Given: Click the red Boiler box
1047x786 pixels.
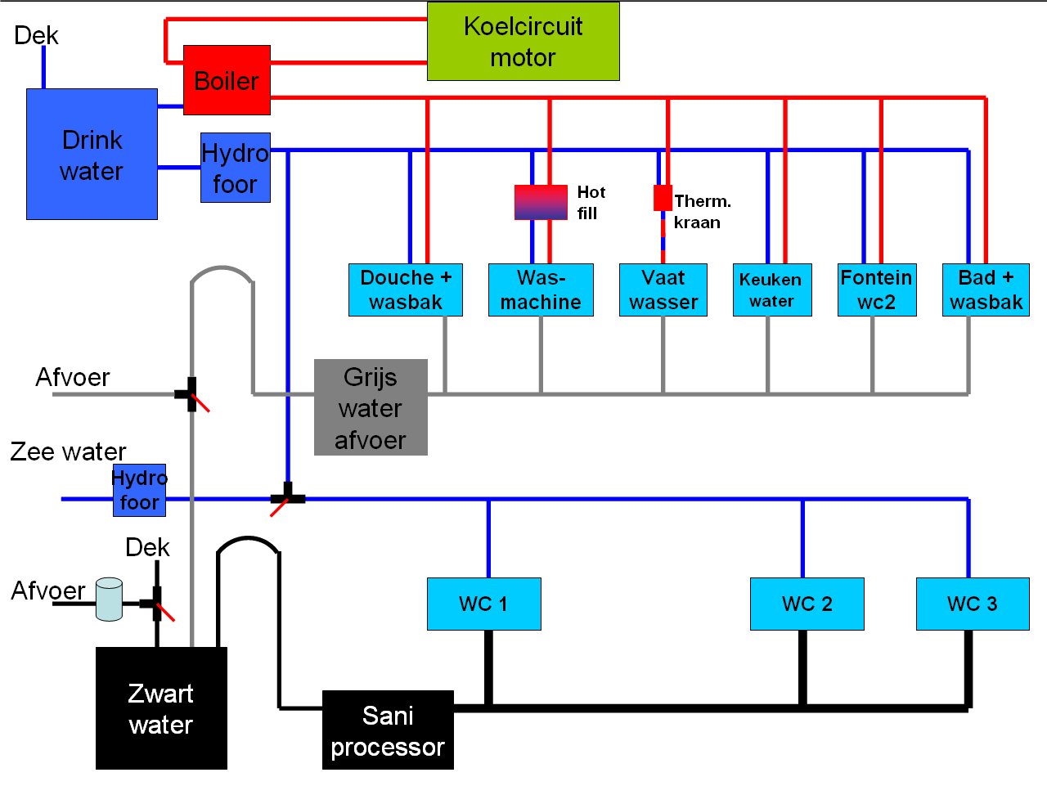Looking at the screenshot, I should click(x=227, y=80).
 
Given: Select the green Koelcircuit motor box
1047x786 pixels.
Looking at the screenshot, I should click(x=523, y=41).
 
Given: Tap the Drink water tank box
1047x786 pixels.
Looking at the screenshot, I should click(x=92, y=154).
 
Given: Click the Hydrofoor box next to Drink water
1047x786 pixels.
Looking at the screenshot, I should click(x=236, y=168).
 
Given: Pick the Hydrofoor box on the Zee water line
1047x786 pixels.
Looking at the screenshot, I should click(x=139, y=490).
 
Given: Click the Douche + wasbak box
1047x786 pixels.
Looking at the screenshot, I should click(x=406, y=290).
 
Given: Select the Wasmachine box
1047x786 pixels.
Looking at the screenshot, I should click(x=541, y=290).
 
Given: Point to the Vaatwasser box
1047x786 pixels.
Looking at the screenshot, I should click(x=663, y=290).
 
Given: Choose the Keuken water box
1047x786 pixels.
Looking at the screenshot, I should click(x=771, y=290).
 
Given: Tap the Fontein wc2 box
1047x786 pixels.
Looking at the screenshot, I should click(x=877, y=290).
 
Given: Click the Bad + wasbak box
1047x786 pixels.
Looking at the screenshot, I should click(x=986, y=290).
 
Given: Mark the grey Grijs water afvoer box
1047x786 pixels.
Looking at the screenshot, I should click(x=371, y=407).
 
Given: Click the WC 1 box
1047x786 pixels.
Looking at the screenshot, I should click(x=483, y=604).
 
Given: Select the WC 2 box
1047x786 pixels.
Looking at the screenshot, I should click(x=807, y=604).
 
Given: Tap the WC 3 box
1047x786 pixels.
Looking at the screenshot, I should click(x=973, y=604).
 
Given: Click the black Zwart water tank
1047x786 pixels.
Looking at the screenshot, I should click(x=161, y=708).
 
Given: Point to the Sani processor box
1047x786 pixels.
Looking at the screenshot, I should click(x=388, y=730).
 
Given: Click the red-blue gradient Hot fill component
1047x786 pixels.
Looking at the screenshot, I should click(x=541, y=202).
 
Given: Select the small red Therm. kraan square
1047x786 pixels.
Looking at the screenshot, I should click(x=663, y=198).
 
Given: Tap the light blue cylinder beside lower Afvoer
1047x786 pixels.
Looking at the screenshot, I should click(x=109, y=600).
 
